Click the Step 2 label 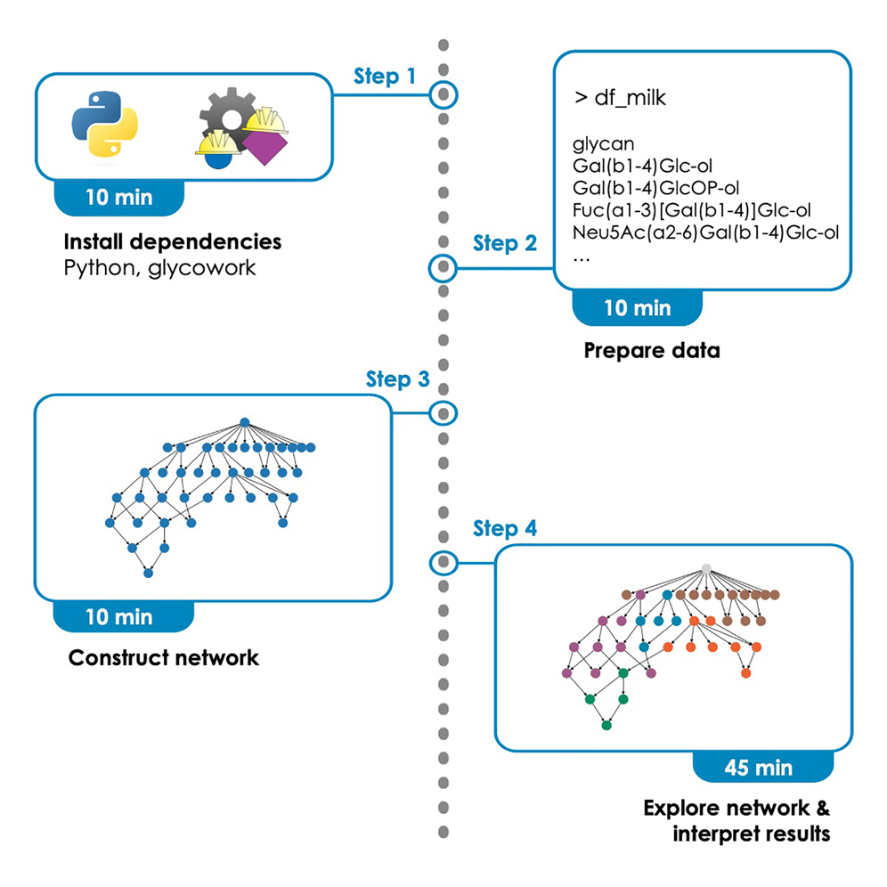504,242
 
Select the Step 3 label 397,379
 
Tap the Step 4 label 504,529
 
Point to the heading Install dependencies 173,242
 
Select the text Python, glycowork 160,267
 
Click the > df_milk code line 620,99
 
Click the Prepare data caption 651,350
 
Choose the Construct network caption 164,658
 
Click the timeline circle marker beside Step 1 443,94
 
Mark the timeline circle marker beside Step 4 443,563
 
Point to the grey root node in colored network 706,568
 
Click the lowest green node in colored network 606,726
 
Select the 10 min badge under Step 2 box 638,309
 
